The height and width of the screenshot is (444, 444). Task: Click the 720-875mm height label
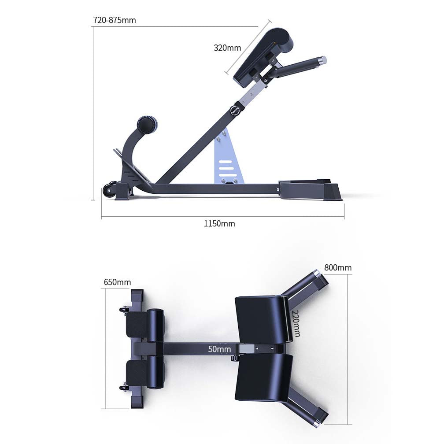[115, 20]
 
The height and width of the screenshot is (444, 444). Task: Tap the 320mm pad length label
[227, 48]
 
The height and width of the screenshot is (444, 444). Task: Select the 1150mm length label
[219, 224]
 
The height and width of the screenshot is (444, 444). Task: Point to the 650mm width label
[117, 282]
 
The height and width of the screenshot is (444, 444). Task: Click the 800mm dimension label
[338, 267]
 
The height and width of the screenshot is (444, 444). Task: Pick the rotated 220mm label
[296, 323]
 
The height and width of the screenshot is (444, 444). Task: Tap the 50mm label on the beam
[219, 349]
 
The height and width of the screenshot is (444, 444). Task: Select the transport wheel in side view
[109, 191]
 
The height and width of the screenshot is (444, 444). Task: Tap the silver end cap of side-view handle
[323, 59]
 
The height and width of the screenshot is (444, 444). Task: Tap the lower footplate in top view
[137, 374]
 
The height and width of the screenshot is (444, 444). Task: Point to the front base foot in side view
[311, 191]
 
